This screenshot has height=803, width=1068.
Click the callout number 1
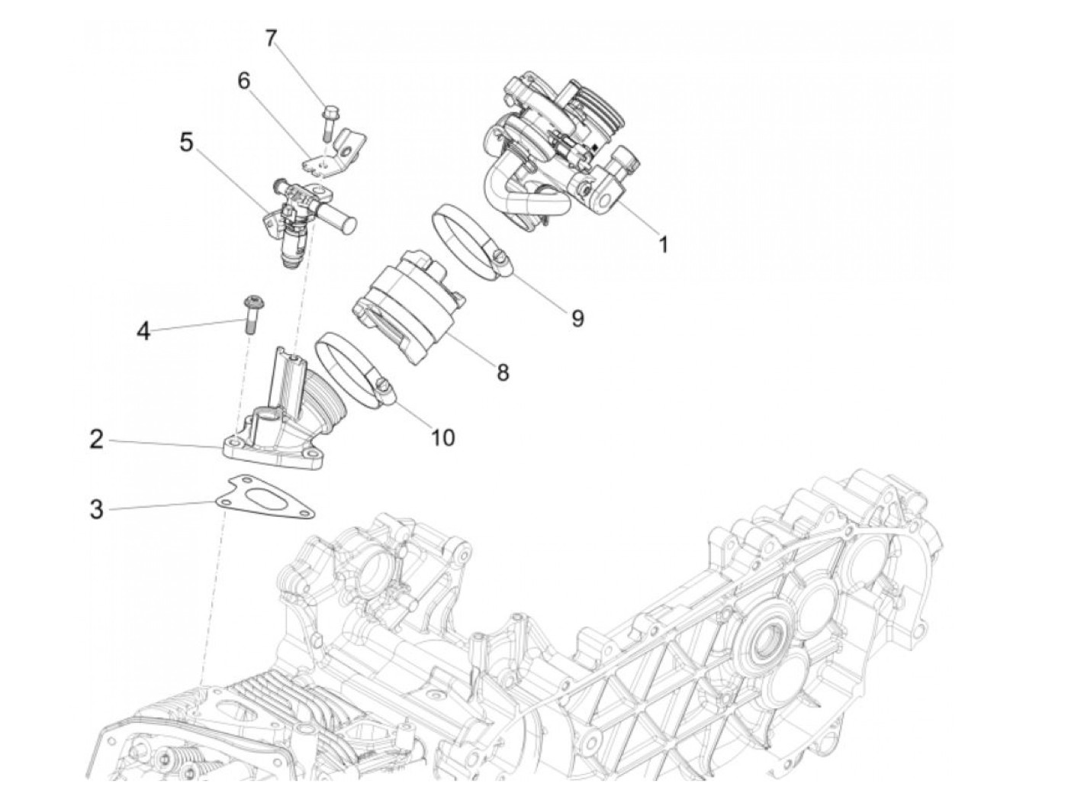(x=663, y=244)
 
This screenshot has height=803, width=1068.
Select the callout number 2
(x=96, y=439)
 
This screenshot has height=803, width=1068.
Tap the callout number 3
(x=96, y=508)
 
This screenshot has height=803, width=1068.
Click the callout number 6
(x=244, y=80)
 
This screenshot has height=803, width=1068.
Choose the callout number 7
(x=271, y=37)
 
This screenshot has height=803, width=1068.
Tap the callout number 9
(x=577, y=318)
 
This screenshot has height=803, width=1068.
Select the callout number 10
(x=442, y=437)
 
